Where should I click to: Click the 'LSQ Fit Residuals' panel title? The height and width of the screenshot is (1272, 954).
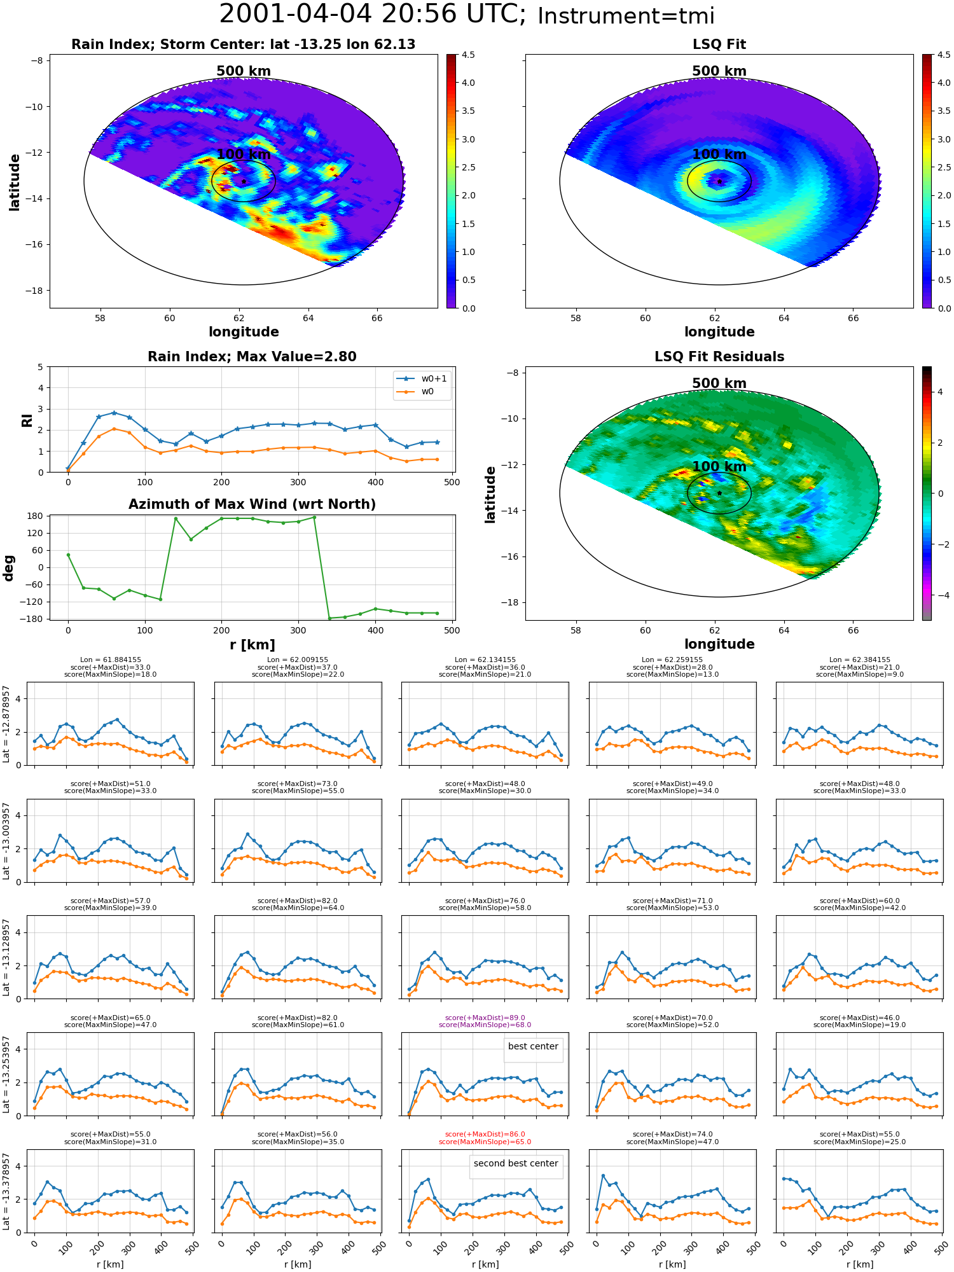point(719,357)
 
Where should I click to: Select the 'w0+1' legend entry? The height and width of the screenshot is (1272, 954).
point(422,378)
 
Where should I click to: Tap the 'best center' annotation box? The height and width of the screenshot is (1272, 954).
point(533,1047)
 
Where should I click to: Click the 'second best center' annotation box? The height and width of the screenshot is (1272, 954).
point(516,1164)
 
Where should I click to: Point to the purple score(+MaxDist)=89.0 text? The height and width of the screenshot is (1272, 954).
point(485,1018)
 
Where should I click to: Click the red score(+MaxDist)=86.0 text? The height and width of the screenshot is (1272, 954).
point(485,1134)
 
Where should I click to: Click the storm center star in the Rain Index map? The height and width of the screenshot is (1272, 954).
point(244,181)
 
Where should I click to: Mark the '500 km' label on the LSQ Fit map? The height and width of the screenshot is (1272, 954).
point(719,71)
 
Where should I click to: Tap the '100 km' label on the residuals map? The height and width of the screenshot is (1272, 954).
point(719,467)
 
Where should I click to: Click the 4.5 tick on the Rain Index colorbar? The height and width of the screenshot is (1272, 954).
point(468,55)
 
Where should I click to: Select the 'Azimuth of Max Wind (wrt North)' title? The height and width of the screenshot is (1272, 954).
point(252,504)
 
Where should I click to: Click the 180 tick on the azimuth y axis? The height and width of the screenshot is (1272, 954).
point(36,516)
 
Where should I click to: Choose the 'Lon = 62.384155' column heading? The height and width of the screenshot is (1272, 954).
point(860,660)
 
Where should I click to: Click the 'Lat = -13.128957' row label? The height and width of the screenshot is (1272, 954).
point(6,957)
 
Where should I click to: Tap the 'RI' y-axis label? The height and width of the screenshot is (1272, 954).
point(27,420)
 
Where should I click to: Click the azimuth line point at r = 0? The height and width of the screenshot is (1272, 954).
point(68,555)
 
